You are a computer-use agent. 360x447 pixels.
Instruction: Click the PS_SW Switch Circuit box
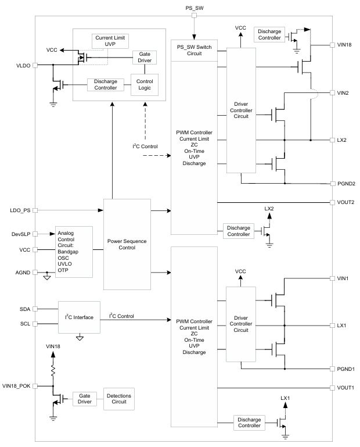click(194, 51)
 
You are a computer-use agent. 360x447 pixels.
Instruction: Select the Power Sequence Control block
click(127, 244)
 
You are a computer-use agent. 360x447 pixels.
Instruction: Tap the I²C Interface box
click(79, 317)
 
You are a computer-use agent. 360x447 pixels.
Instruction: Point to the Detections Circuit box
click(119, 399)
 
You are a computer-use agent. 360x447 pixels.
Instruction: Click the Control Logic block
click(145, 85)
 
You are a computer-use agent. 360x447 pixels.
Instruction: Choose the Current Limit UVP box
click(110, 41)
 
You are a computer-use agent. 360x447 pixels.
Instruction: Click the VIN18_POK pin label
click(16, 386)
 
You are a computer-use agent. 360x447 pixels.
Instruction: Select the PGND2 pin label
click(346, 184)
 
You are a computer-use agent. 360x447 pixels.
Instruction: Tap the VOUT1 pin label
click(345, 388)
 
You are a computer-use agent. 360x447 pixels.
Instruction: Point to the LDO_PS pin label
click(20, 210)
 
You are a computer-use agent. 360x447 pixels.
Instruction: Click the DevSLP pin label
click(21, 234)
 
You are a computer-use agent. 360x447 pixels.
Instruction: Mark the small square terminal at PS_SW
click(195, 15)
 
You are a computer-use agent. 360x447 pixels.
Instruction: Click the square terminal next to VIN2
click(332, 92)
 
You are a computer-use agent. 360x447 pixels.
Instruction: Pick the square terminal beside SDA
click(35, 309)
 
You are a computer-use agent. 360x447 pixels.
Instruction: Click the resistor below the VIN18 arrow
click(53, 370)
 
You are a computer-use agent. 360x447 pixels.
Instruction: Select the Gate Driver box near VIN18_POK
click(85, 399)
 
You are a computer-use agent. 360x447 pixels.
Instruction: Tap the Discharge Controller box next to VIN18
click(269, 35)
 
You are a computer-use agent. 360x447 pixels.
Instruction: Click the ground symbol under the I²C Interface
click(80, 338)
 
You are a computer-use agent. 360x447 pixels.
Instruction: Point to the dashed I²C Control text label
click(145, 146)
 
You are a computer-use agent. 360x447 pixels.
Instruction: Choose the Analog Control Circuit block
click(74, 252)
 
